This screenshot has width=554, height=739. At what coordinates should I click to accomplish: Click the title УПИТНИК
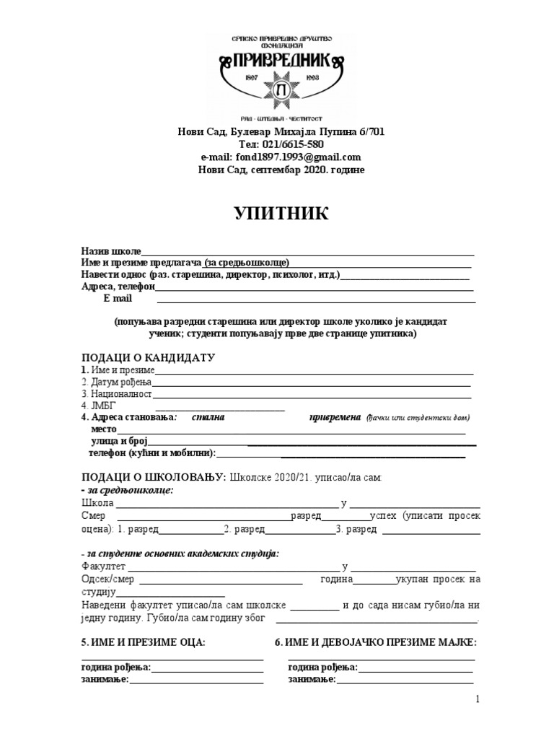281,214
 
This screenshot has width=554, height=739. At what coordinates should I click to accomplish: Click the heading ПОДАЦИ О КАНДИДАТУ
149,358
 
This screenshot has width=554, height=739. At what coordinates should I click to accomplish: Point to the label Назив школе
111,250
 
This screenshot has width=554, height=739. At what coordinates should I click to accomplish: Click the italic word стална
208,417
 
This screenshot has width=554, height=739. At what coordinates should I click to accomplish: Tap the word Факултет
104,567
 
